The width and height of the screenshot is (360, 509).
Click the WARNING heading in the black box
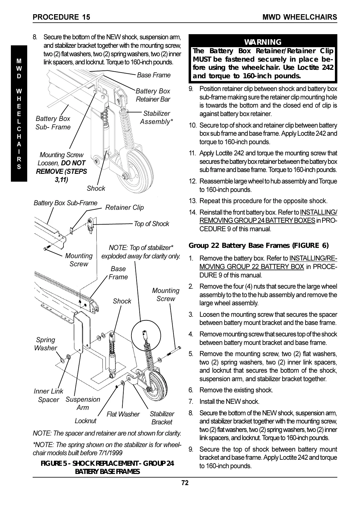coord(263,42)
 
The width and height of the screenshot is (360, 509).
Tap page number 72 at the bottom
coord(185,483)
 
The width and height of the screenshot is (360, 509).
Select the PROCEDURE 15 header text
coord(61,17)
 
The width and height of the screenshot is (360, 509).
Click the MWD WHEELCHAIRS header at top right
coord(300,17)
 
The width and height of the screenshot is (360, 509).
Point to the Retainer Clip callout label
coord(124,207)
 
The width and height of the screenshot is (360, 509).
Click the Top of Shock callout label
coord(151,224)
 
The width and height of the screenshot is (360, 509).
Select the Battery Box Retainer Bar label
coord(153,95)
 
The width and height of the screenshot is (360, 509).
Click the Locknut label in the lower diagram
coord(85,421)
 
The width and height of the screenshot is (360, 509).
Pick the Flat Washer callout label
coord(123,414)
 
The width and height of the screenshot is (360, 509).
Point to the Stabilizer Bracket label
coord(162,418)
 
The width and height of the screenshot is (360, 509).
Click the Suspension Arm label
coord(83,404)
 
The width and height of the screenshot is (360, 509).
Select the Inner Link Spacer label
coord(48,395)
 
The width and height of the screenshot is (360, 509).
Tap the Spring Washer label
coord(45,344)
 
